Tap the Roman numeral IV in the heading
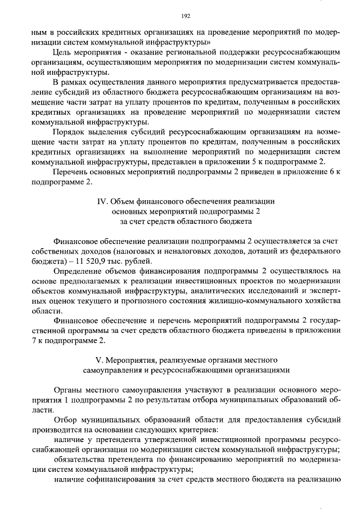[x=100, y=201]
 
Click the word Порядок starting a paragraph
[x=68, y=132]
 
